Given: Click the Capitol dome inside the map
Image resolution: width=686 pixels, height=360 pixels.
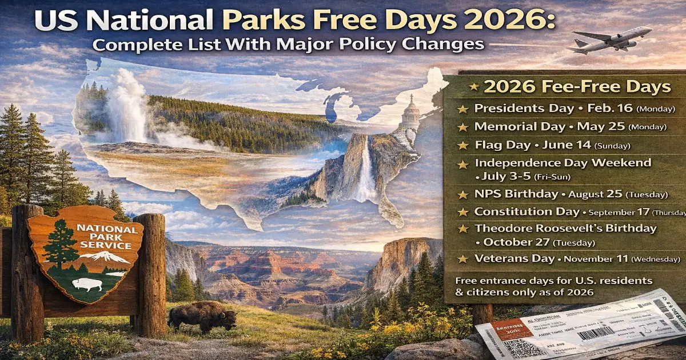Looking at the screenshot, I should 409,114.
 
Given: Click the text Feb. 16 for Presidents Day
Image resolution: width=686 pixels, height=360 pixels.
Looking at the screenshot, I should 588,108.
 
